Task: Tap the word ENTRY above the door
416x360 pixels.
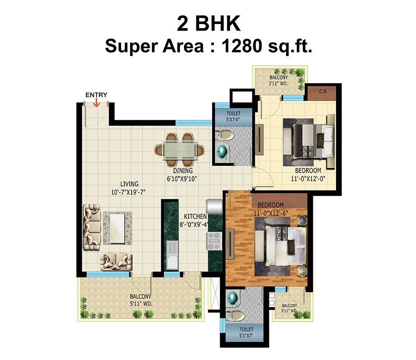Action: [96, 95]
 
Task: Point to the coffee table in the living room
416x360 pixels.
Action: [117, 227]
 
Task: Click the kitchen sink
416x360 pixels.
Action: [172, 255]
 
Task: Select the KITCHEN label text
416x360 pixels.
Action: [195, 217]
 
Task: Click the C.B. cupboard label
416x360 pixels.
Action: [323, 92]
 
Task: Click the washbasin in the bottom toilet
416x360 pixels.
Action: [233, 298]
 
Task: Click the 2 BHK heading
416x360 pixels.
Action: [208, 24]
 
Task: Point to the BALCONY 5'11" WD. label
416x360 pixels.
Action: [141, 300]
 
